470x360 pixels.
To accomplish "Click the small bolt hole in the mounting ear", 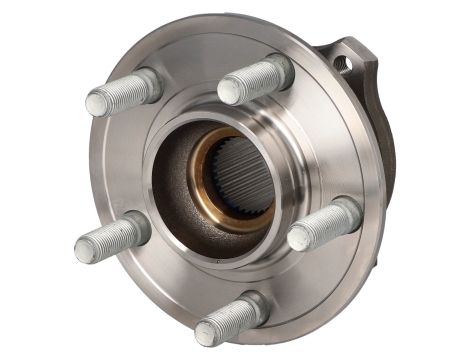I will [346, 63].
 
